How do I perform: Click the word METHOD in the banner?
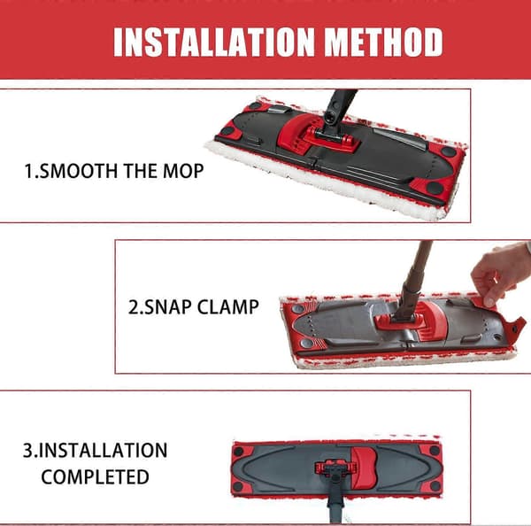point(384,42)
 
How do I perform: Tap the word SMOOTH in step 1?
point(80,171)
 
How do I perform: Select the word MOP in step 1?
point(183,171)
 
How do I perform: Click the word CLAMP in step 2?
point(228,307)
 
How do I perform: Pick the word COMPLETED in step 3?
point(96,477)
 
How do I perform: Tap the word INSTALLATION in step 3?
point(103,451)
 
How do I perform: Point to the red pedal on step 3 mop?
point(365,467)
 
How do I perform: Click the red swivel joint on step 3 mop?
point(335,468)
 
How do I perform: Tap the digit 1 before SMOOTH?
point(28,171)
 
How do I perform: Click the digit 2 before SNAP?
point(133,307)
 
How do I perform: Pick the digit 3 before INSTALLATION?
point(28,451)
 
